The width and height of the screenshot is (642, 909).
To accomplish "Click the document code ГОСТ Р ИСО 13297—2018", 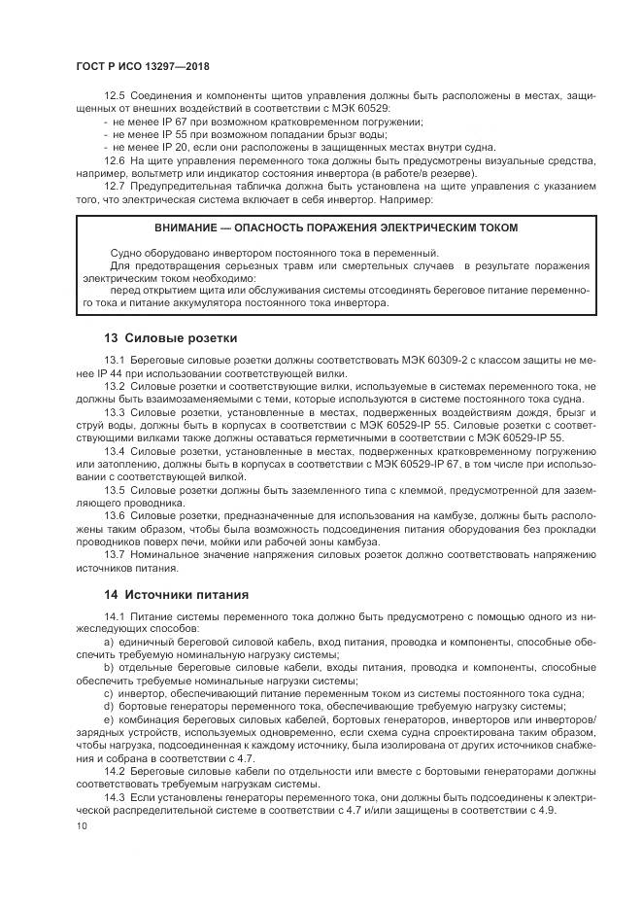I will click(x=142, y=67).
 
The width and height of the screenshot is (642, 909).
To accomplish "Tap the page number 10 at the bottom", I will click(x=82, y=825).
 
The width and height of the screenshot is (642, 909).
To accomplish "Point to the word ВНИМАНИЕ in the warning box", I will click(x=186, y=227).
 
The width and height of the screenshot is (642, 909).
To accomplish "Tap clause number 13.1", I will click(x=115, y=362).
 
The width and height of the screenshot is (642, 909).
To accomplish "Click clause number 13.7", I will click(x=115, y=553).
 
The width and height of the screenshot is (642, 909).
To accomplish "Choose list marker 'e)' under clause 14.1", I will click(x=108, y=717).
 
